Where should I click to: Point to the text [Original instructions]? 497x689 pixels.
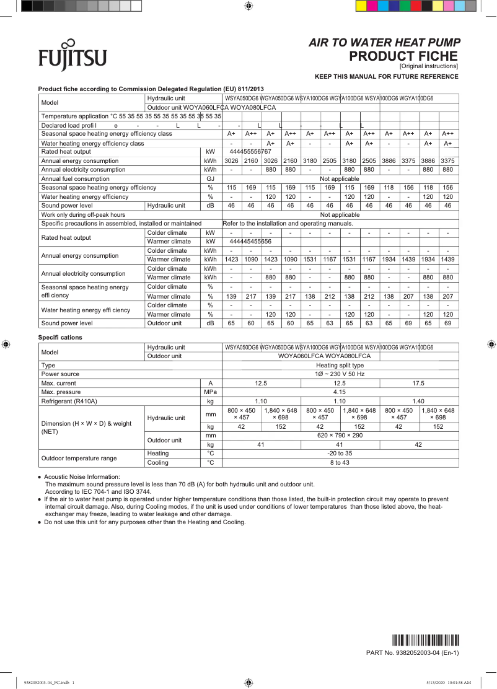pyautogui.click(x=428, y=66)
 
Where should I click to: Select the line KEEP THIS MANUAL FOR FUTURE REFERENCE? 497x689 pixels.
pyautogui.click(x=387, y=77)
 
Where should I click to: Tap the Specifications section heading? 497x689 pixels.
pyautogui.click(x=60, y=338)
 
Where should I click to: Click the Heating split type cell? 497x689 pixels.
pyautogui.click(x=340, y=366)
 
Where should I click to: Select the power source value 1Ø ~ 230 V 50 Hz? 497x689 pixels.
pyautogui.click(x=340, y=374)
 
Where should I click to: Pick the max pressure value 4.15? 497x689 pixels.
pyautogui.click(x=340, y=392)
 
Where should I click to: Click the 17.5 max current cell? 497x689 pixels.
pyautogui.click(x=418, y=384)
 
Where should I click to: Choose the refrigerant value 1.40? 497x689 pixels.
pyautogui.click(x=418, y=402)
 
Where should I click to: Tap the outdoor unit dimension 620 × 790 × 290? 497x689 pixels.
pyautogui.click(x=340, y=436)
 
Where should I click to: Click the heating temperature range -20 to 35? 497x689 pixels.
pyautogui.click(x=340, y=454)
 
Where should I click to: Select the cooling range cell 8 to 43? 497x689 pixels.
pyautogui.click(x=340, y=463)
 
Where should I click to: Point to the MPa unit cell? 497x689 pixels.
pyautogui.click(x=211, y=392)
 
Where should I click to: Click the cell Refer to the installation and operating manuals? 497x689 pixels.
pyautogui.click(x=288, y=223)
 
